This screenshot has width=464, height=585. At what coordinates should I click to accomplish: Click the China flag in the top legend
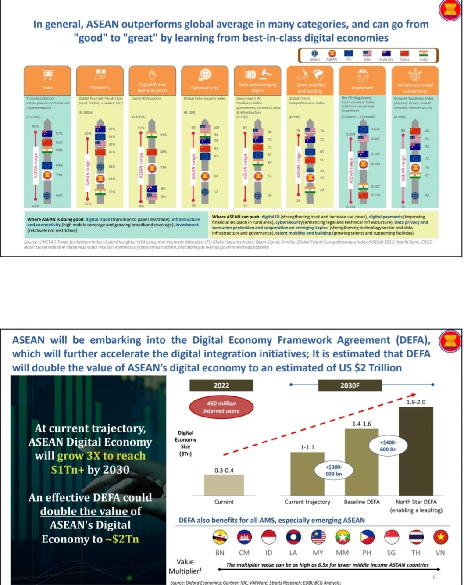click(404, 54)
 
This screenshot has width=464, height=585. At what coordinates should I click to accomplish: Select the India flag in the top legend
click(423, 54)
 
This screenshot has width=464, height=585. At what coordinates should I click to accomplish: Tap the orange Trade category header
click(47, 80)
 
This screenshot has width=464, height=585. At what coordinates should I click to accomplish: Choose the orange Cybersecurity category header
click(205, 80)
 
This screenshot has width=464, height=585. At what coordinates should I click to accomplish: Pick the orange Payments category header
click(100, 80)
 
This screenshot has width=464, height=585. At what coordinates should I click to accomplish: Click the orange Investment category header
click(362, 80)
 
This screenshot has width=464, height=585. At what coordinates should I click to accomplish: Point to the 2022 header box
click(221, 385)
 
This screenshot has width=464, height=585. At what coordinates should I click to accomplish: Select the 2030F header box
click(350, 385)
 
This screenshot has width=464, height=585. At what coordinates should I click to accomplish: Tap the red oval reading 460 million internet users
click(221, 407)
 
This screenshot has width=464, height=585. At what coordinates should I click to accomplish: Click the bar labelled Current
click(224, 485)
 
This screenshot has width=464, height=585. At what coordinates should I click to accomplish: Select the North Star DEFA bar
click(416, 451)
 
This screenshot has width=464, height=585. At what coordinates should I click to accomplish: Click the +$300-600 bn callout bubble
click(334, 471)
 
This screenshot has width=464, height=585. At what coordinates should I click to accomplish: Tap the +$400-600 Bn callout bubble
click(388, 446)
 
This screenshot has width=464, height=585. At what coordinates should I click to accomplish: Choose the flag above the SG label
click(391, 537)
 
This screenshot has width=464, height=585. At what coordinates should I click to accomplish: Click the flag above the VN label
click(440, 537)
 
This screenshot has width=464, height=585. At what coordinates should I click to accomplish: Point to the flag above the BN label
click(220, 537)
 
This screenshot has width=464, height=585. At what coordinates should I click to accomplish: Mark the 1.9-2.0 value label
click(416, 402)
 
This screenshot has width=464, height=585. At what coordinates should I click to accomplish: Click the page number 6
click(434, 577)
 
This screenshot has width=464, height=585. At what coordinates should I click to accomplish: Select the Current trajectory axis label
click(307, 502)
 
